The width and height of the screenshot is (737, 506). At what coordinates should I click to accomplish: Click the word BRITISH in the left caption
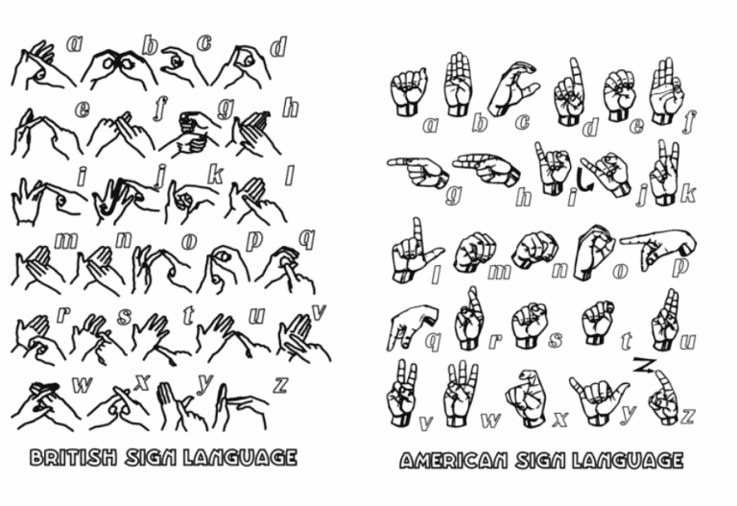click(x=73, y=457)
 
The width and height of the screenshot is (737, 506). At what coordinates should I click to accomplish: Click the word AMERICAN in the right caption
click(x=454, y=460)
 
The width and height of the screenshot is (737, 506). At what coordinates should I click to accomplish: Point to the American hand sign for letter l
click(x=415, y=253)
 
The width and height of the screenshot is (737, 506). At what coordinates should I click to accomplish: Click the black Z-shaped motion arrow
click(x=643, y=366)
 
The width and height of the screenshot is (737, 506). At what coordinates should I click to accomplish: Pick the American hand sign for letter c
click(x=512, y=88)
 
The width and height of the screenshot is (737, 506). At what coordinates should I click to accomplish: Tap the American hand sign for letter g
click(x=417, y=171)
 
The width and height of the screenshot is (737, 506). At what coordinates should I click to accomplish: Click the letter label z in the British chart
click(x=280, y=385)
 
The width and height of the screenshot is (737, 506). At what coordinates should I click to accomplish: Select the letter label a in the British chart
click(x=74, y=43)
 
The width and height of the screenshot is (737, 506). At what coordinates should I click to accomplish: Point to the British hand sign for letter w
click(x=45, y=405)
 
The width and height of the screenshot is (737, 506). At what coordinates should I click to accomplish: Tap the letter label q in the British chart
click(x=307, y=239)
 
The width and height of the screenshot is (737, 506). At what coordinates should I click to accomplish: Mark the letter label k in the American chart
click(x=689, y=193)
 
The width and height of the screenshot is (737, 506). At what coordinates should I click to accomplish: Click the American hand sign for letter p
click(x=658, y=248)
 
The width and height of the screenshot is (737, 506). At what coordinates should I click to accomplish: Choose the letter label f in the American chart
click(x=690, y=121)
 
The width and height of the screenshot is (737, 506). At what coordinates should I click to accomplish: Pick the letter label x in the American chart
click(x=559, y=419)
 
